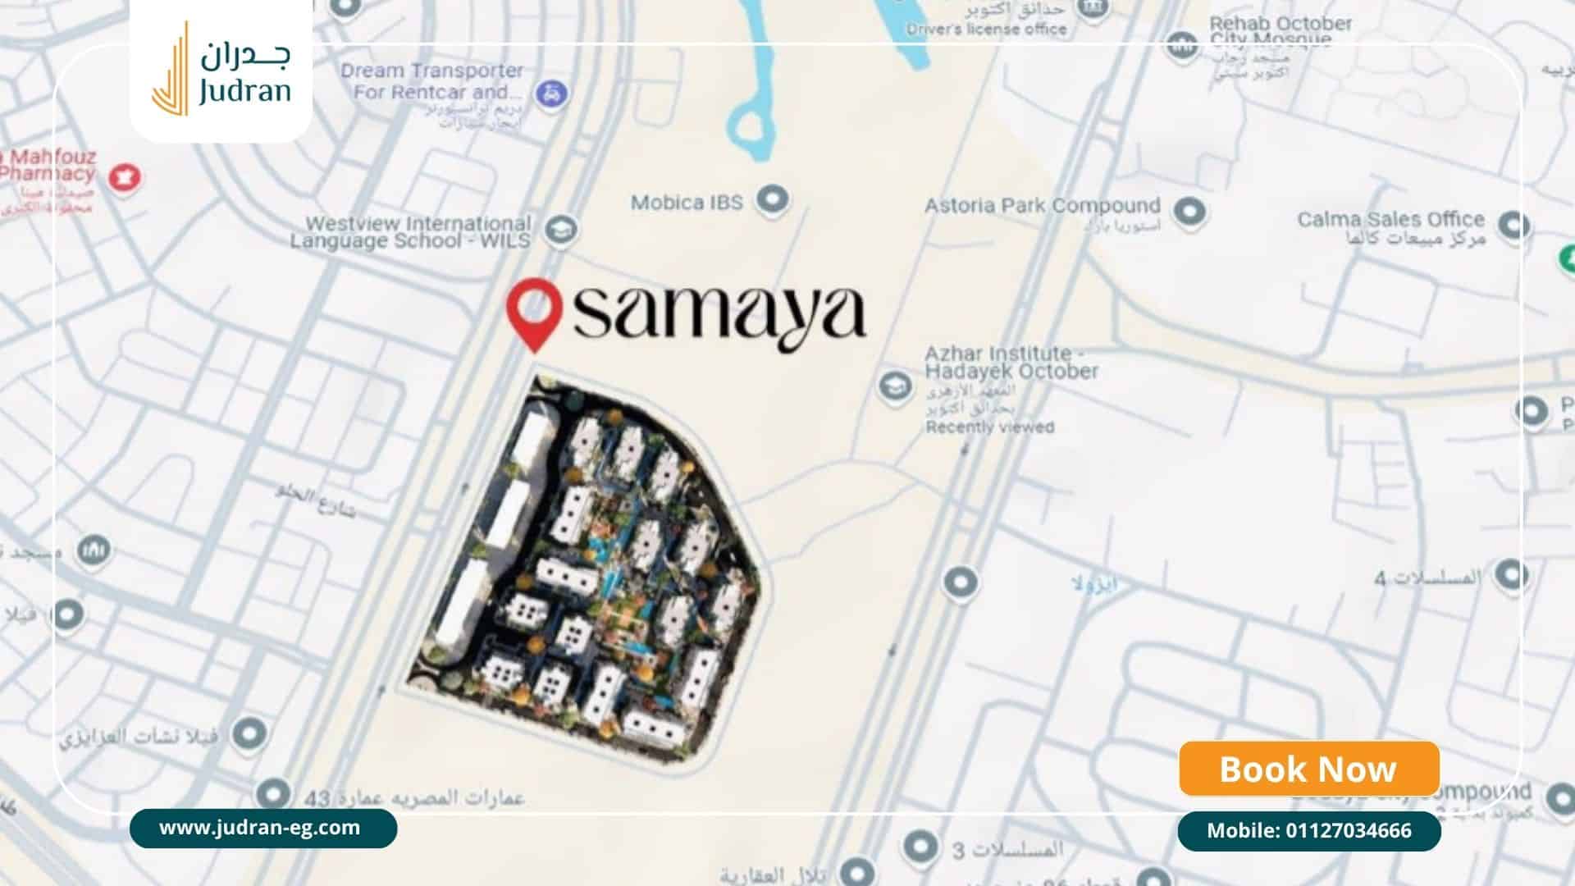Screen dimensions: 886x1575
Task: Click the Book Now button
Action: [x=1308, y=769]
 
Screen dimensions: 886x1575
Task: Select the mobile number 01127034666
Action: [x=1308, y=831]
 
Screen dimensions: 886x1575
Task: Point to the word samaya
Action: [x=719, y=313]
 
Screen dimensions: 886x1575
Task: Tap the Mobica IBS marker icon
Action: [x=772, y=199]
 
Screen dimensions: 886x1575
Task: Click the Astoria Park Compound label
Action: [x=1042, y=206]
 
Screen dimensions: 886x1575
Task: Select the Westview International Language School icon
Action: [x=560, y=230]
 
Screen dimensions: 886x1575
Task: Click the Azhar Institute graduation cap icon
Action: [x=894, y=386]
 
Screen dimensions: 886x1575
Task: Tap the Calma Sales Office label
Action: [x=1390, y=220]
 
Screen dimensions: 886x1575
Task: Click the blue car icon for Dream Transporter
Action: [x=552, y=93]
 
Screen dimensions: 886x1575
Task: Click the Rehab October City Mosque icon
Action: [x=1182, y=45]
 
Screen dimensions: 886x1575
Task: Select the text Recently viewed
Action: [x=989, y=427]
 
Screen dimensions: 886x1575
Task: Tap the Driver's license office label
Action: [x=986, y=30]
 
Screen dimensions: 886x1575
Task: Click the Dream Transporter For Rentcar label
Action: [x=432, y=81]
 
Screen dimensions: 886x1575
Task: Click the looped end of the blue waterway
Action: [x=747, y=126]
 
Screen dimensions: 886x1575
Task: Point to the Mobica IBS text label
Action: [x=687, y=202]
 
